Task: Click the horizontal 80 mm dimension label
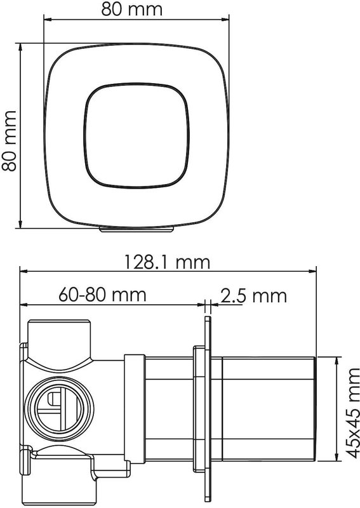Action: coord(132,9)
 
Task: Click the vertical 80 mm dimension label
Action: coord(9,141)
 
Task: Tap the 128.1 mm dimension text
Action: coord(168,262)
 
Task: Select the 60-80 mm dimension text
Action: coord(103,295)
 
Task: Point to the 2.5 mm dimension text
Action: coord(254,295)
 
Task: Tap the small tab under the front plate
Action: coord(137,229)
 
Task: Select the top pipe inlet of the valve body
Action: coord(59,340)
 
